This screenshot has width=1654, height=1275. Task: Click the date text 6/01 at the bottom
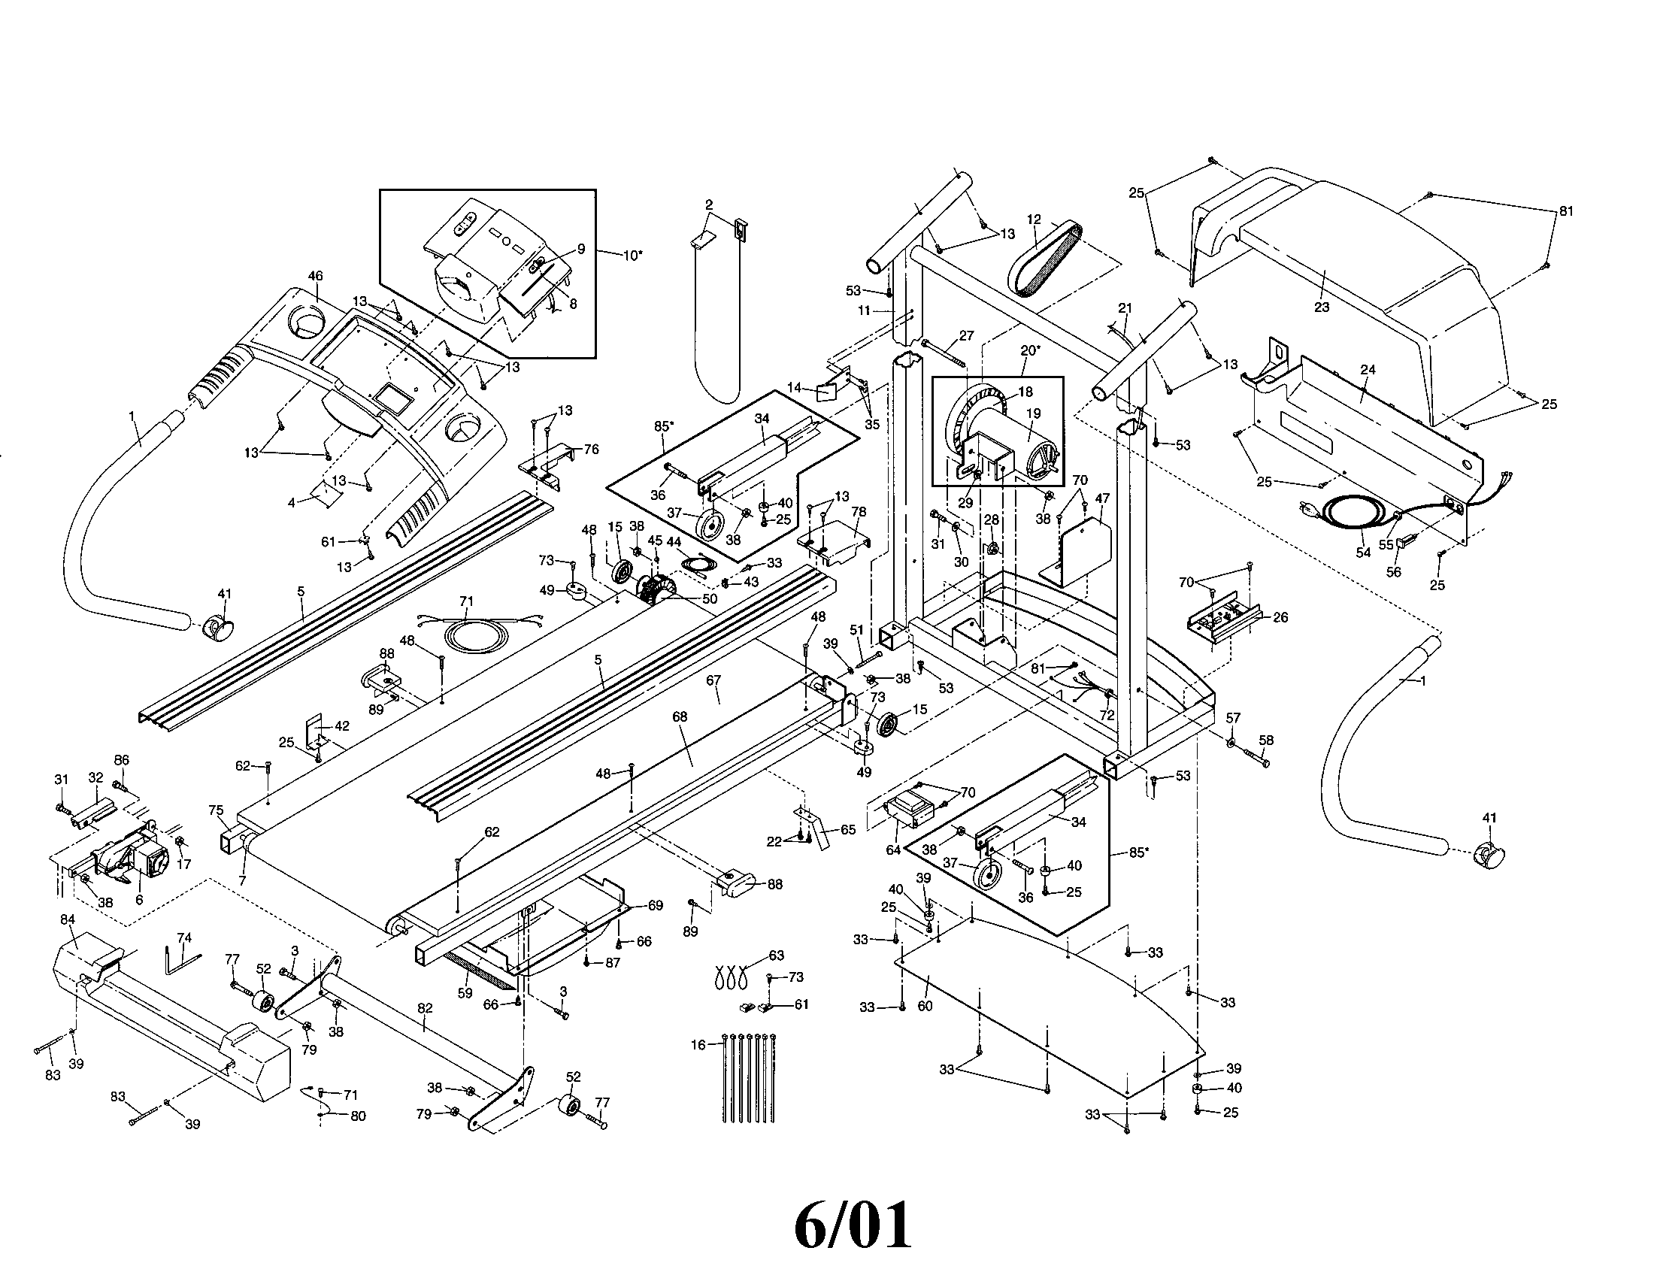pos(853,1226)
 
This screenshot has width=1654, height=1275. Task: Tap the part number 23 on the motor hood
pos(1322,307)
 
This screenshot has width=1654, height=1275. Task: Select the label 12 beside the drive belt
pos(1034,220)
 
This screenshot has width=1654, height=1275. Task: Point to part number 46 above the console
pos(315,277)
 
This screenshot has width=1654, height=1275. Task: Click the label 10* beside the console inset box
pos(633,255)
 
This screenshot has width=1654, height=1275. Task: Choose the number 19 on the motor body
pos(1033,413)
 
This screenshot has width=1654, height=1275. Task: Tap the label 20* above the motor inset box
pos(1030,350)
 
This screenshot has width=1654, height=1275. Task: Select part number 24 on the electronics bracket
pos(1368,369)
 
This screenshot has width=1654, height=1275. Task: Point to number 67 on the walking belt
pos(713,680)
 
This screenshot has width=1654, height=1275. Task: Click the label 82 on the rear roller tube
pos(425,1007)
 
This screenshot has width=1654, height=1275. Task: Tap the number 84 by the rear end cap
pos(68,919)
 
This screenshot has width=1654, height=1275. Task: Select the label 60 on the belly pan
pos(925,1006)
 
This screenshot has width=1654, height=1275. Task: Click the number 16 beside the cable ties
pos(698,1045)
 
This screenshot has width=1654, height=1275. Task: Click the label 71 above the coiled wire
pos(466,601)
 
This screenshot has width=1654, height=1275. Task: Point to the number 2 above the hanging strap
pos(709,204)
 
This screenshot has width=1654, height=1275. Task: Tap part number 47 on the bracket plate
pos(1102,498)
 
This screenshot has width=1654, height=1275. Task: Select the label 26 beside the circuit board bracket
pos(1280,617)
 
